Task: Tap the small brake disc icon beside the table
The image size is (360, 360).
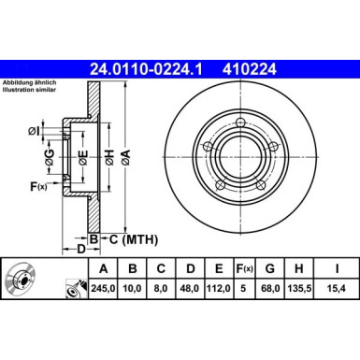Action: pyautogui.click(x=22, y=281)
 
